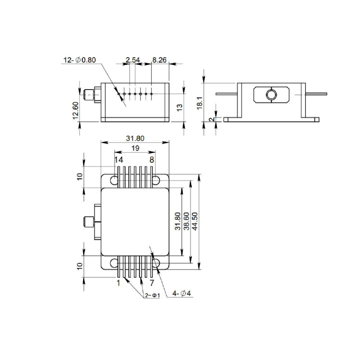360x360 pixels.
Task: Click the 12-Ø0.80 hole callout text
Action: tap(80, 60)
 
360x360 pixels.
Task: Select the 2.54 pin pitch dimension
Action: tap(133, 60)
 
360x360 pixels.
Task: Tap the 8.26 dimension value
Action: tap(159, 60)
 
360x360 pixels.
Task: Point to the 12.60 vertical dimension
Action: tap(76, 110)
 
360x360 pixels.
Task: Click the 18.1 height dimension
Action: tap(200, 103)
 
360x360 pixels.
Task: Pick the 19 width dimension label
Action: tap(135, 148)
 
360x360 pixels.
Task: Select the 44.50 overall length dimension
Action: tap(194, 221)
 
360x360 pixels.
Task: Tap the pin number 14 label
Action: tap(119, 160)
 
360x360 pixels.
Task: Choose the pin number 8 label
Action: tap(152, 160)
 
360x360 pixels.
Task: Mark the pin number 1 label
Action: tap(118, 283)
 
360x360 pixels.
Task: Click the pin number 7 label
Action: tap(152, 283)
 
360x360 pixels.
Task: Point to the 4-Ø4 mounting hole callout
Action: tap(181, 293)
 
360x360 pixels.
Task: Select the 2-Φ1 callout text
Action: tap(152, 296)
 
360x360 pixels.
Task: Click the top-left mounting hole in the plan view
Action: tap(114, 180)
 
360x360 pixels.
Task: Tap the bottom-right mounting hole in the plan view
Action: tap(156, 263)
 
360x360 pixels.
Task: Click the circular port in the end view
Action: tap(271, 94)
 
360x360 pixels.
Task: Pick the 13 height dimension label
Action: tap(180, 107)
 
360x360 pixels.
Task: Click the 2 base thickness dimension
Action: tap(212, 119)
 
